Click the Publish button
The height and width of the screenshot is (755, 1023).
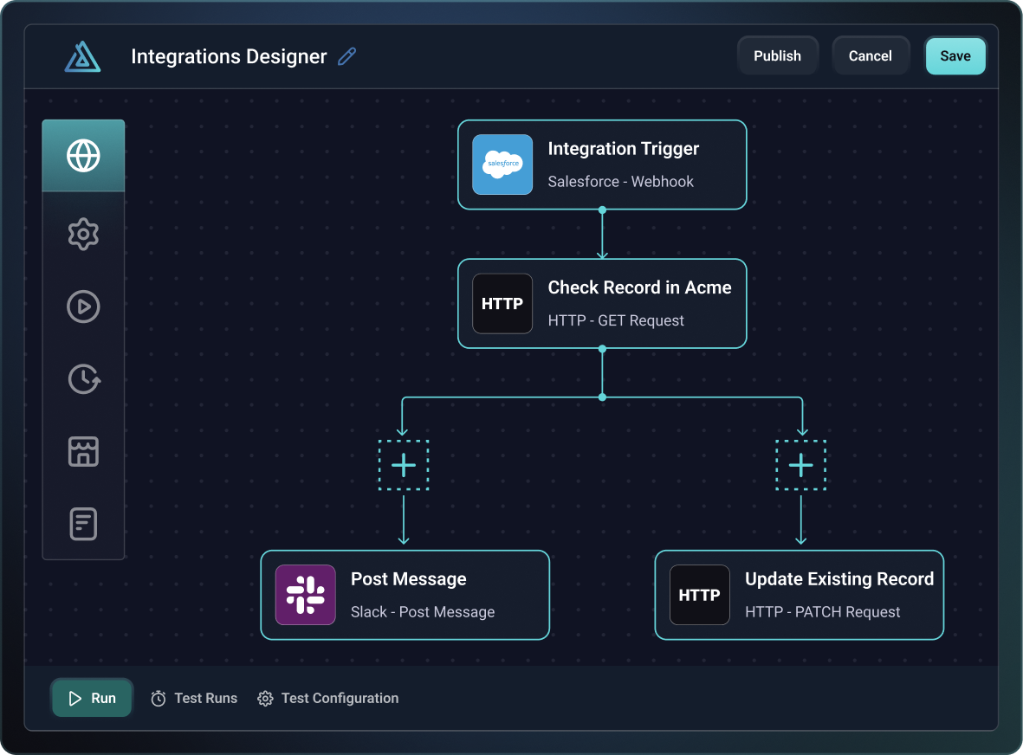click(x=777, y=56)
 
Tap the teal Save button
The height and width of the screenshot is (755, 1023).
click(x=955, y=56)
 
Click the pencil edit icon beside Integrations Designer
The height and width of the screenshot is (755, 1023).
click(x=347, y=57)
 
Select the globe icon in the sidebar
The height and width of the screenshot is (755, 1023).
click(x=83, y=156)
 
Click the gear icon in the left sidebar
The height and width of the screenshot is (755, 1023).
click(x=83, y=234)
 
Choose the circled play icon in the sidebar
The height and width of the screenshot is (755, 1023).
click(x=83, y=307)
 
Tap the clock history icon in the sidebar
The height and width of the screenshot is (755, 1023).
click(x=83, y=378)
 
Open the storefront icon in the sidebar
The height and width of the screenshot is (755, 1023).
click(x=83, y=451)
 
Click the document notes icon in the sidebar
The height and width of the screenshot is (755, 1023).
click(x=83, y=524)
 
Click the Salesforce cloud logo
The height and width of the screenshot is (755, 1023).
click(x=502, y=165)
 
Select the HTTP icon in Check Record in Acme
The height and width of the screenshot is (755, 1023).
click(x=502, y=304)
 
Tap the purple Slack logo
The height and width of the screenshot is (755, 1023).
click(x=306, y=595)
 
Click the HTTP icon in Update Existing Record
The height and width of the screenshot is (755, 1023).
click(x=700, y=595)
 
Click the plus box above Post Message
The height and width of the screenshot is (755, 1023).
click(x=404, y=466)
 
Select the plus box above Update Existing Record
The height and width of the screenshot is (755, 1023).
click(x=800, y=466)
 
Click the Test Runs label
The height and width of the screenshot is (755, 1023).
click(x=205, y=699)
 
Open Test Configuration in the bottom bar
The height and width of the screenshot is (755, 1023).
click(x=340, y=699)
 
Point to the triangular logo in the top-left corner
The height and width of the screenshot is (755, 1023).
click(x=82, y=57)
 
